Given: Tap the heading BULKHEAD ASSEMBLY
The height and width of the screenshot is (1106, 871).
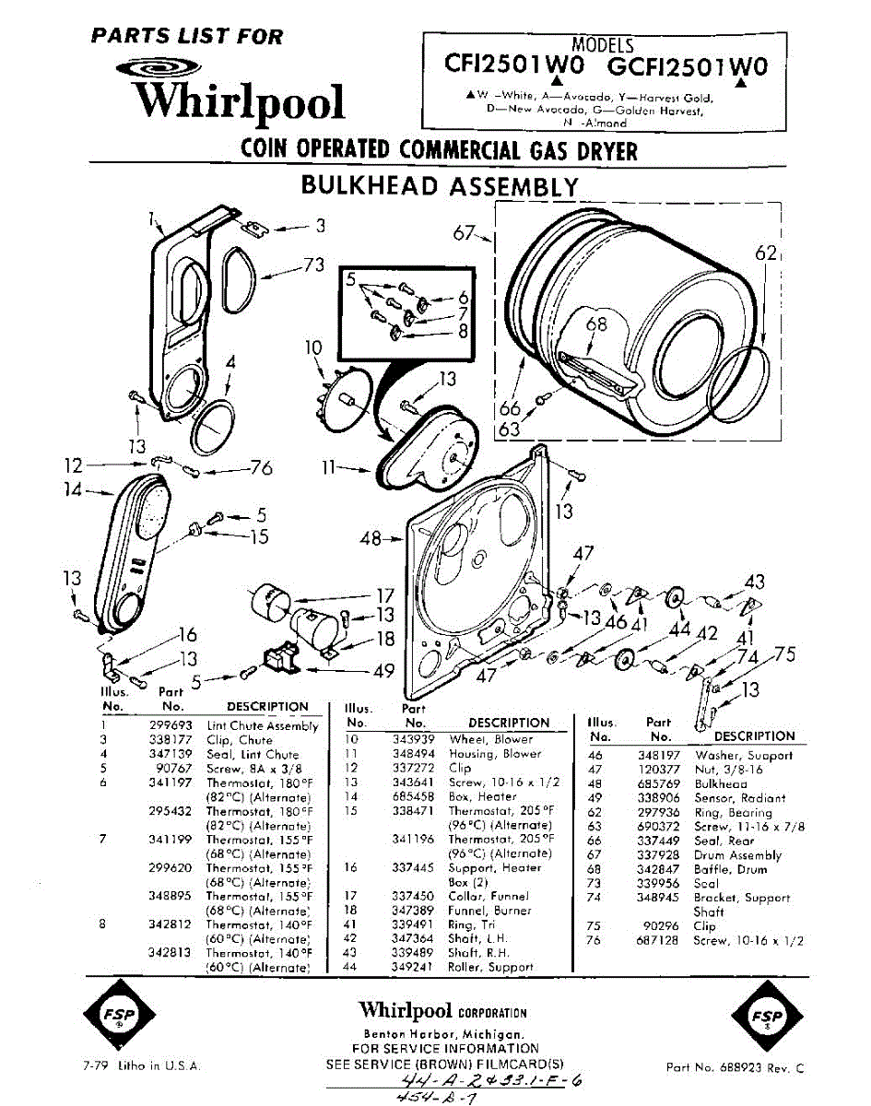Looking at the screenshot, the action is [441, 186].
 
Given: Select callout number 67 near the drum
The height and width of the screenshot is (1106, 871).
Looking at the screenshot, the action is [465, 232].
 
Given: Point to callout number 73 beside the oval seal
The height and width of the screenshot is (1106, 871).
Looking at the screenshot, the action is [314, 265].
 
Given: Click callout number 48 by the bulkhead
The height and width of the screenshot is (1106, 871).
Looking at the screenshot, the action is [371, 538].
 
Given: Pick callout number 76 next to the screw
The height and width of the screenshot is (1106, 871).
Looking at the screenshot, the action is [261, 468].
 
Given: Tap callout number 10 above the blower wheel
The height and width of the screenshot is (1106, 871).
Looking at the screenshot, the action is [314, 347].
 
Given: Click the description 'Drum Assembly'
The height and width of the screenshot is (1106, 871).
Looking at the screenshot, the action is [737, 855].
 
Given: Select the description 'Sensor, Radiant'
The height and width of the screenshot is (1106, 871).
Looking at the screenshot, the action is [739, 798].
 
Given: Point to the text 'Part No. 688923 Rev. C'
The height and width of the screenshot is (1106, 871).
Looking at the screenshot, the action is [736, 1068].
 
